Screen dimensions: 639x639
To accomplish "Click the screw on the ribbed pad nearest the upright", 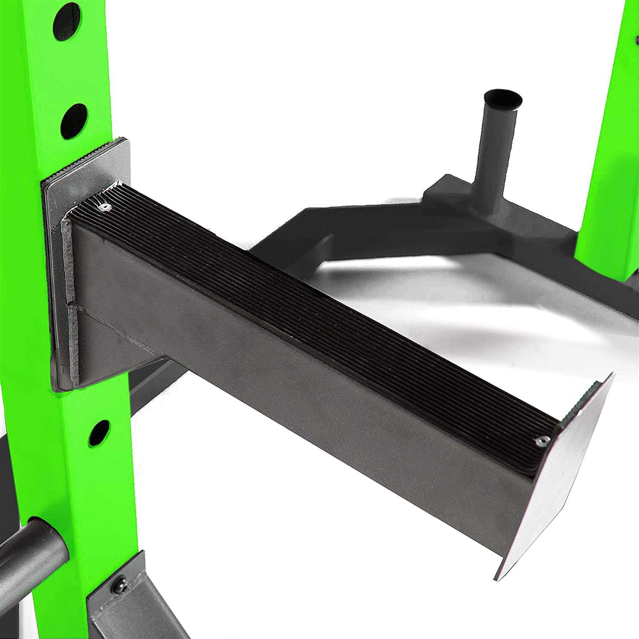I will [104, 207].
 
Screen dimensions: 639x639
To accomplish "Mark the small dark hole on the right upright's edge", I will [636, 40].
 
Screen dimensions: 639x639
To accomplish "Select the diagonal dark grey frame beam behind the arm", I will [298, 226].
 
